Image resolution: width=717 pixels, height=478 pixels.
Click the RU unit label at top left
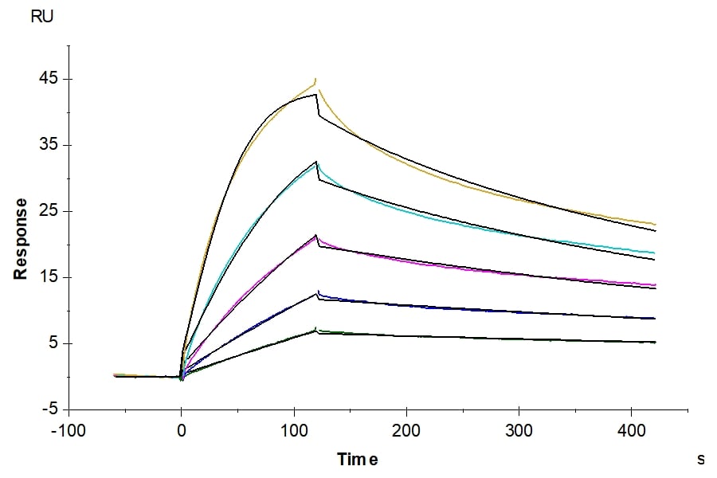(x=42, y=17)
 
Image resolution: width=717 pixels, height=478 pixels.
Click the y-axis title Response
(x=21, y=239)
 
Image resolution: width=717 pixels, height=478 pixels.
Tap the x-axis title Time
(x=358, y=459)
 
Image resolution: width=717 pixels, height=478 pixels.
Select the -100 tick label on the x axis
(x=69, y=430)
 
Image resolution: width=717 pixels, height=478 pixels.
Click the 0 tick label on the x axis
(x=182, y=430)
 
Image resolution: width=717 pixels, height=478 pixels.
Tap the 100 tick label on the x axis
(x=295, y=430)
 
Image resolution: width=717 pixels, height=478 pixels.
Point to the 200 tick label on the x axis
(x=407, y=430)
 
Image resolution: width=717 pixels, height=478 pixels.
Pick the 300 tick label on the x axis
(x=519, y=430)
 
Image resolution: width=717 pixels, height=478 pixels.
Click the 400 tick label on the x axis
(x=632, y=430)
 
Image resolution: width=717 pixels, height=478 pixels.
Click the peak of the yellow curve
(x=316, y=79)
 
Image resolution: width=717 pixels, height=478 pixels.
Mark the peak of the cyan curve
(x=317, y=165)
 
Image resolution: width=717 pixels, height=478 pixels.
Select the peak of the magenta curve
(x=316, y=237)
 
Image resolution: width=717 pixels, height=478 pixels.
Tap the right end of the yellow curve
(x=655, y=224)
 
